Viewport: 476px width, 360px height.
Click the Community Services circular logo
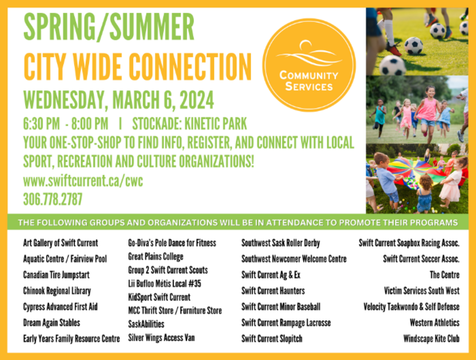coord(309,65)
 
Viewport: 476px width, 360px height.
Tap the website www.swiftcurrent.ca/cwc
coord(83,181)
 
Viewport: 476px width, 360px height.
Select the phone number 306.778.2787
coord(53,200)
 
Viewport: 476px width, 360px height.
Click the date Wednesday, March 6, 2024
coord(119,100)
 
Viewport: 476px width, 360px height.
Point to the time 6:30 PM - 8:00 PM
coord(66,124)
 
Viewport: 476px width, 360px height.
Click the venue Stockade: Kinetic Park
coord(190,124)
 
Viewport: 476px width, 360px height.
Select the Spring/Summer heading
coord(109,27)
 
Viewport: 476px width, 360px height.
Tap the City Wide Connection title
coord(138,67)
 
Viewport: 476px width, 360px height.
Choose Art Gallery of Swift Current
coord(60,243)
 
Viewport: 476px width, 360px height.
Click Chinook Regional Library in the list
coord(57,291)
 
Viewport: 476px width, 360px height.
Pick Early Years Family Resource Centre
coord(71,339)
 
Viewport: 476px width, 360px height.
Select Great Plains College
coord(156,257)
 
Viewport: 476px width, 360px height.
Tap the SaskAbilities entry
coord(146,324)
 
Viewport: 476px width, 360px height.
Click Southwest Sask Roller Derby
coord(281,243)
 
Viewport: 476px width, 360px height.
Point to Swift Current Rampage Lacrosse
coord(286,323)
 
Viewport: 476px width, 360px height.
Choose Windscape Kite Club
coord(431,339)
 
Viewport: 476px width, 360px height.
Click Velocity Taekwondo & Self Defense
coord(411,307)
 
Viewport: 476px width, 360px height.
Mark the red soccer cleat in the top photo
coord(393,50)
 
